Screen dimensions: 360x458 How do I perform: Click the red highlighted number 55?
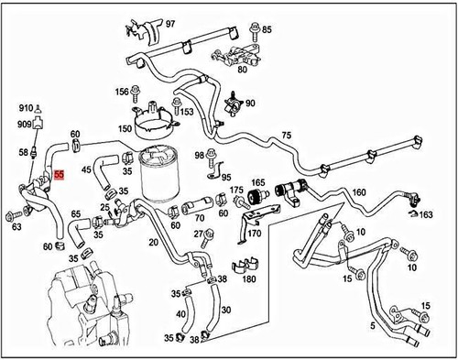59,172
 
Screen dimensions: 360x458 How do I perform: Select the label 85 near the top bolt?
267,29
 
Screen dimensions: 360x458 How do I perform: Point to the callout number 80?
242,67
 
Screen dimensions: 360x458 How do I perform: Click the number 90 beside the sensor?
250,104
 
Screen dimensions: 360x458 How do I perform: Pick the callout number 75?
286,135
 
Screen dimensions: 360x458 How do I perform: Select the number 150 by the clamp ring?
125,130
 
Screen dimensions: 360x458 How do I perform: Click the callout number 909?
25,124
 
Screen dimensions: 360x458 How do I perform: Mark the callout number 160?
359,192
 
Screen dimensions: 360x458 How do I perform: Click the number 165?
258,183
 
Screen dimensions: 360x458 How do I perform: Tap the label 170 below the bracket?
254,234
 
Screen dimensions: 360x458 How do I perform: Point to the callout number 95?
226,177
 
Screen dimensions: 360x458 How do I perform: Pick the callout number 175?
236,191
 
